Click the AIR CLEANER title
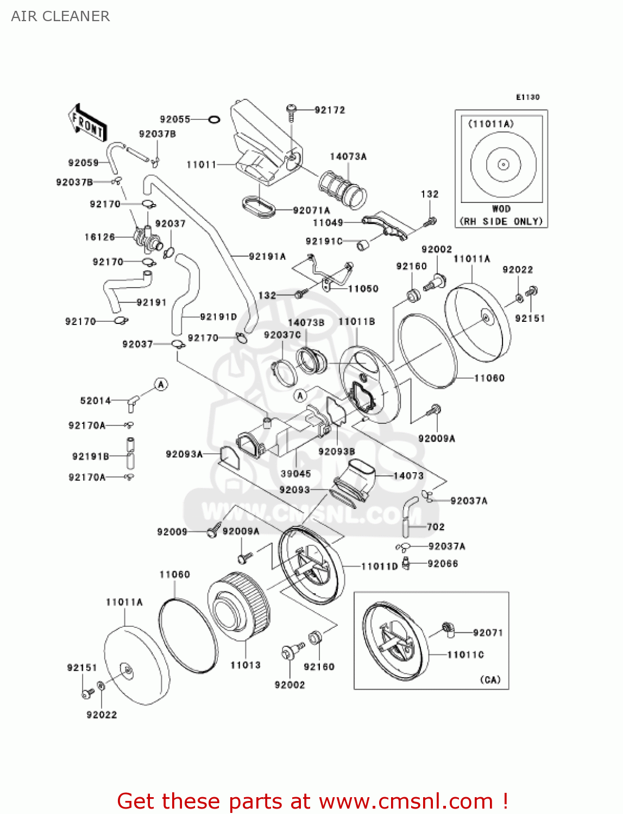tap(60, 16)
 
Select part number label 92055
tap(175, 119)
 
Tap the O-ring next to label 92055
tap(214, 119)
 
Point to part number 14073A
tap(348, 157)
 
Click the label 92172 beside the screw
tap(330, 110)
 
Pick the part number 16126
tap(100, 237)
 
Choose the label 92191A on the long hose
tap(267, 257)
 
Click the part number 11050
tap(363, 289)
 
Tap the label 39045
tap(295, 474)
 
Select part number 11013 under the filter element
tap(246, 665)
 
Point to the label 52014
tap(96, 401)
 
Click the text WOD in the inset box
tap(501, 209)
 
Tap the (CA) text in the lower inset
tap(490, 680)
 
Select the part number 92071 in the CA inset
tap(488, 633)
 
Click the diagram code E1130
tap(527, 97)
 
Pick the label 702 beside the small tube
tap(436, 527)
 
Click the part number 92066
tap(443, 564)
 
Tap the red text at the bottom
tap(312, 802)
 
